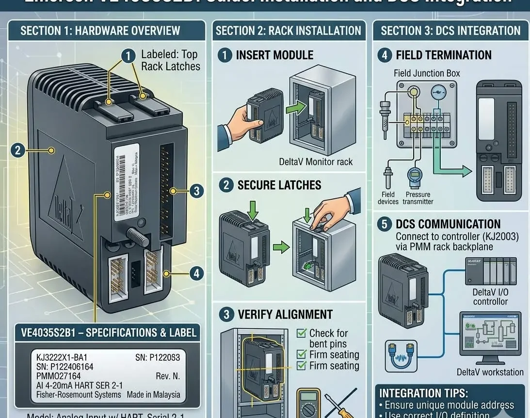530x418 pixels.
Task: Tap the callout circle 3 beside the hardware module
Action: point(195,191)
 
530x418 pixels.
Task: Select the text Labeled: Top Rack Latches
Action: point(170,61)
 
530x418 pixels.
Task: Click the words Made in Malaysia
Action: point(153,395)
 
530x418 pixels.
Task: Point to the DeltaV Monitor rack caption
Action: point(316,161)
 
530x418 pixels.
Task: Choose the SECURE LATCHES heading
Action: point(279,185)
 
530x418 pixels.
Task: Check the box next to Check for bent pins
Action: point(302,334)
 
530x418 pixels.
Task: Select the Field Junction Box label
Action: point(427,74)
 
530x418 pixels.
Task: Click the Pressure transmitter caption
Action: point(418,198)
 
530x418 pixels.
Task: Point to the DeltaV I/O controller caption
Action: point(490,297)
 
